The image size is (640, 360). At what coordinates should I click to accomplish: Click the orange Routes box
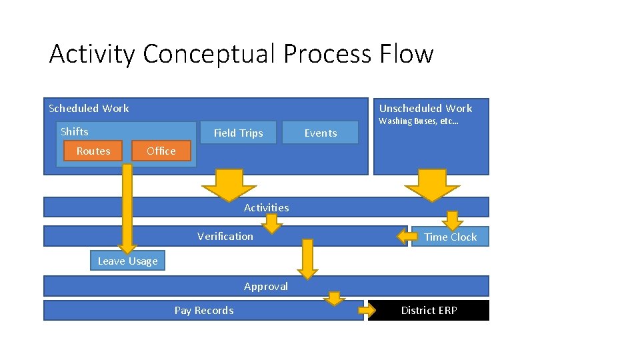[x=93, y=151]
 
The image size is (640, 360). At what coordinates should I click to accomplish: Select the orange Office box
[x=161, y=151]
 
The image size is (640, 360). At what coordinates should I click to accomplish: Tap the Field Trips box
[x=238, y=133]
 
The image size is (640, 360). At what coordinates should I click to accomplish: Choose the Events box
[x=321, y=133]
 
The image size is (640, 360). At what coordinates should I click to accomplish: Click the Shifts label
[x=75, y=131]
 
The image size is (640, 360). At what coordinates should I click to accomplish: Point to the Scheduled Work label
[x=89, y=108]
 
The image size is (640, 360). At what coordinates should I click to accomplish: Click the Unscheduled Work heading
[x=425, y=108]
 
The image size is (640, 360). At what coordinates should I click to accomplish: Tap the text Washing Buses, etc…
[x=418, y=121]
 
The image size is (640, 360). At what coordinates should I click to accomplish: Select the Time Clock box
[x=450, y=237]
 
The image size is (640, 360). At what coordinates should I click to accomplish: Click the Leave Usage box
[x=127, y=261]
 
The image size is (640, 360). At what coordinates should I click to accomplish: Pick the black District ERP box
[x=429, y=310]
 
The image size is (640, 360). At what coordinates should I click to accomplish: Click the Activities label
[x=266, y=207]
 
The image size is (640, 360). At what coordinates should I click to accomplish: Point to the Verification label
[x=225, y=236]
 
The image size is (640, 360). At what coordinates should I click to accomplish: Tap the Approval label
[x=266, y=286]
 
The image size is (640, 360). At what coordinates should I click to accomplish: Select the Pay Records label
[x=204, y=310]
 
